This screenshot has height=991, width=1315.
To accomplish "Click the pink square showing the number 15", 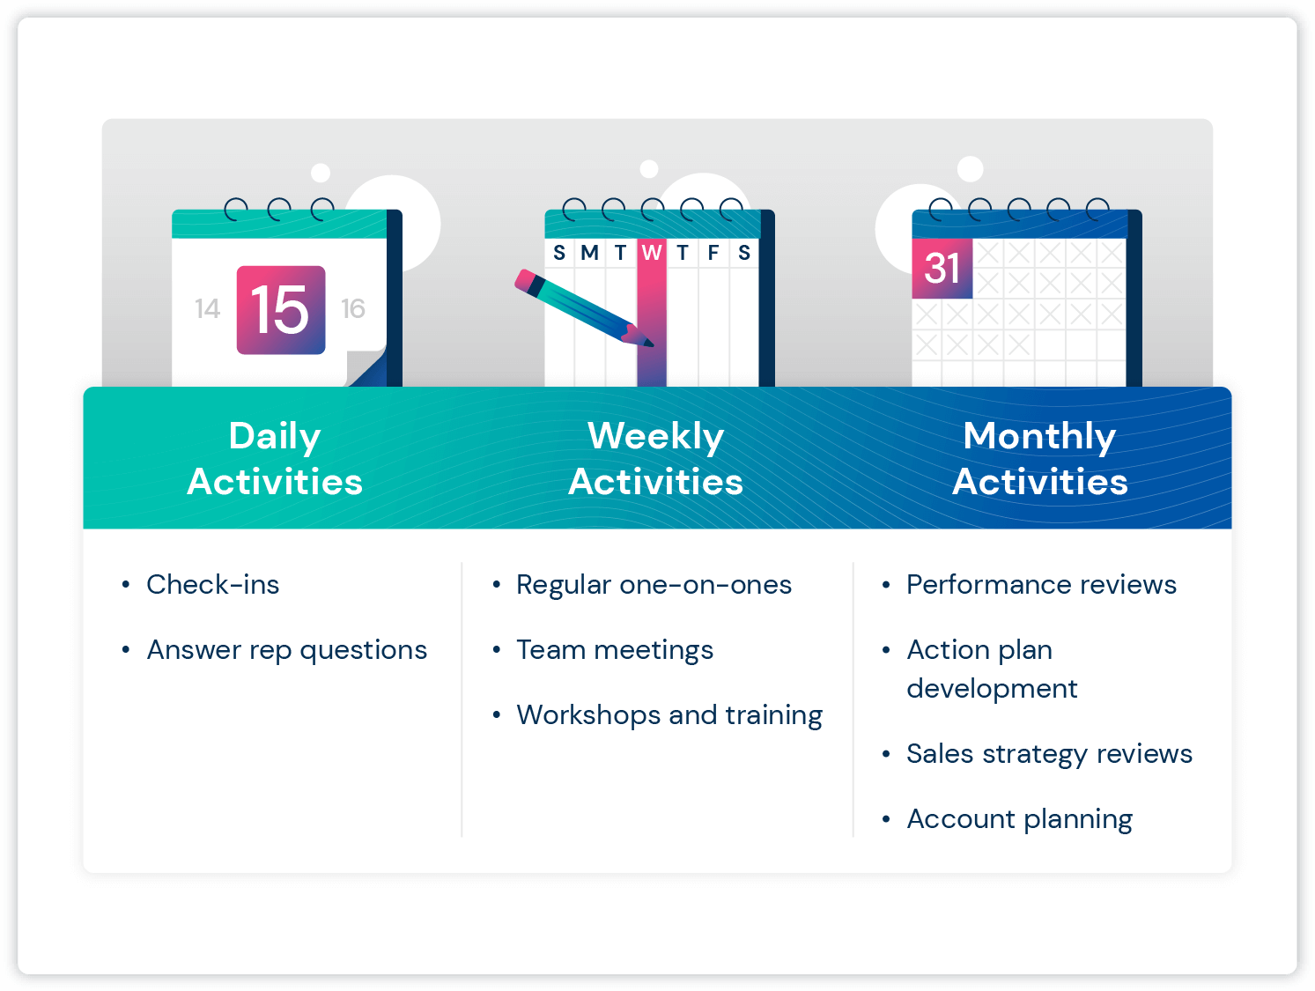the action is click(x=280, y=310).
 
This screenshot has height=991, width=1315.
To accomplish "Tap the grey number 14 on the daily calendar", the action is click(x=207, y=309).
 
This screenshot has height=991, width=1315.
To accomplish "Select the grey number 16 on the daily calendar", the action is click(x=353, y=309).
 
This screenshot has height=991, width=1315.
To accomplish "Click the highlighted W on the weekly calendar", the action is click(x=651, y=253).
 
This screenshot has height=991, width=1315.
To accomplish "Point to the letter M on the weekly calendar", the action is click(x=589, y=253).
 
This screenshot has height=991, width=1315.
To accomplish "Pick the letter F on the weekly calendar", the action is click(x=713, y=253).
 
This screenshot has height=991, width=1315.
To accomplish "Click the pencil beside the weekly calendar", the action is click(x=583, y=308).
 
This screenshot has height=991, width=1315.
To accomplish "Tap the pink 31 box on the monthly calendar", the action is click(x=942, y=268).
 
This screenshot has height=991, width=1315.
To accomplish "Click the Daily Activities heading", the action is click(x=275, y=458).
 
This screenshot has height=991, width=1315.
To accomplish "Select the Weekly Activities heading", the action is click(x=656, y=458).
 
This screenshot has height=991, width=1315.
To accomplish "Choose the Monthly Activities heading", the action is click(x=1040, y=458).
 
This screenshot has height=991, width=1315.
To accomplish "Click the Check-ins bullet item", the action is click(x=212, y=584).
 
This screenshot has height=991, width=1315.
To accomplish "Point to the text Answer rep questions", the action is click(x=287, y=650).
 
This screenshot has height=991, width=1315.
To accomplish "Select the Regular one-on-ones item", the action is click(x=654, y=585).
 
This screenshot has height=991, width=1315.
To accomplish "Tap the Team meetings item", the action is click(x=616, y=650).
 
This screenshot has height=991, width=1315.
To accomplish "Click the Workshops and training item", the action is click(x=669, y=715).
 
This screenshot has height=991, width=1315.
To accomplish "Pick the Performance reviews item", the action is click(x=1042, y=584).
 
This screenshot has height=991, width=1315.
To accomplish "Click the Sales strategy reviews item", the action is click(x=1050, y=754).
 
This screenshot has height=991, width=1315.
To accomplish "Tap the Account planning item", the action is click(x=1020, y=819).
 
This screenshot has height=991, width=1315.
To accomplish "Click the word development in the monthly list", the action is click(x=992, y=689).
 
